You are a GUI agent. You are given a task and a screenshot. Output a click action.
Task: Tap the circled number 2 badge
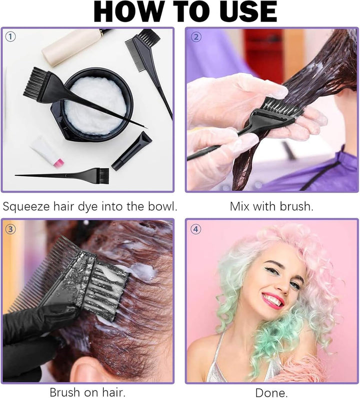pos(196,36)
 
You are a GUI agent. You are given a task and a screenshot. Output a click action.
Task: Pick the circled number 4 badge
pos(196,229)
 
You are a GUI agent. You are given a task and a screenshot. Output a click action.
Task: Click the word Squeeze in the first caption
pos(29,206)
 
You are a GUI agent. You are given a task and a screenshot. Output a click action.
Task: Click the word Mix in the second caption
pos(240,206)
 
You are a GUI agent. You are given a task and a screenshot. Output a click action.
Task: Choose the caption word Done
pos(271,392)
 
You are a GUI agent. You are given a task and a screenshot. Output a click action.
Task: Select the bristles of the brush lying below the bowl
pos(101,174)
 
